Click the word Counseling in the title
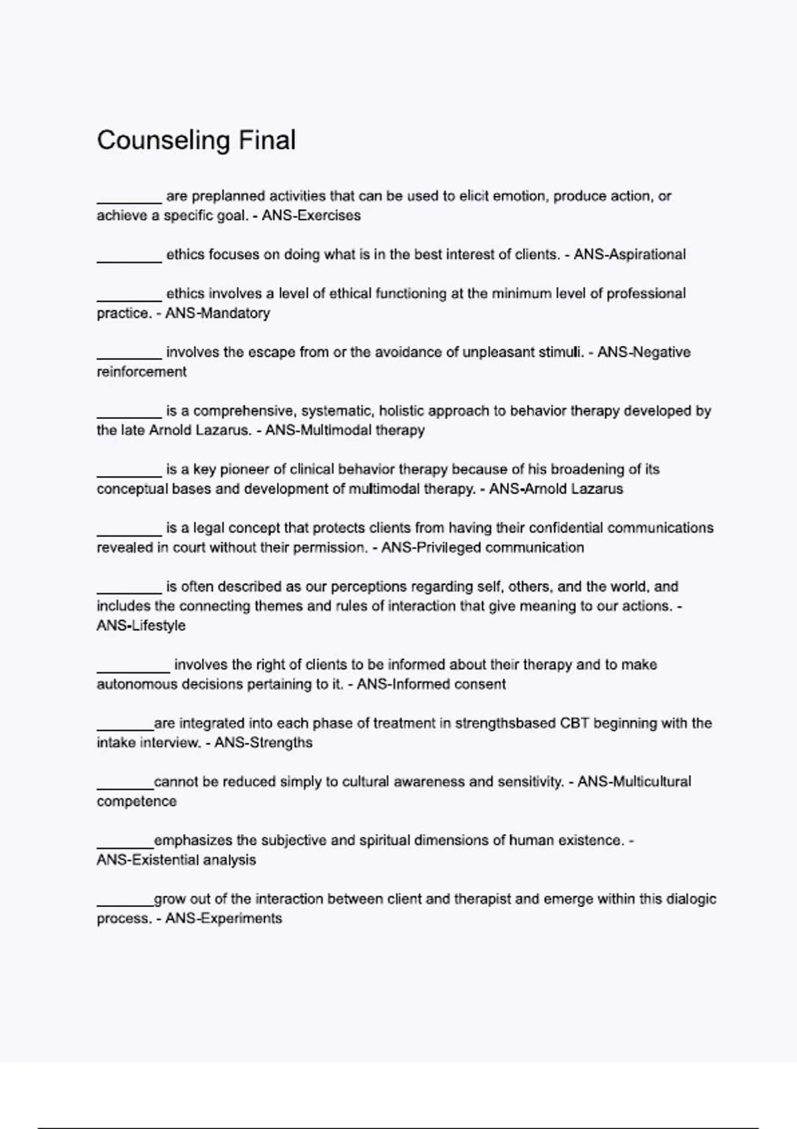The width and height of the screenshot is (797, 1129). [x=163, y=140]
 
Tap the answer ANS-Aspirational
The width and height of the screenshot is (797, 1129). [x=630, y=254]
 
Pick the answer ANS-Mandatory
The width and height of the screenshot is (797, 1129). [x=217, y=313]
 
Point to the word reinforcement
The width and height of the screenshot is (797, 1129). [x=141, y=372]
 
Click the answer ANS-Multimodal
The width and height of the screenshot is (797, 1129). [x=318, y=430]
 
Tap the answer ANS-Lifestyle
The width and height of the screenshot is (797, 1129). [x=141, y=626]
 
